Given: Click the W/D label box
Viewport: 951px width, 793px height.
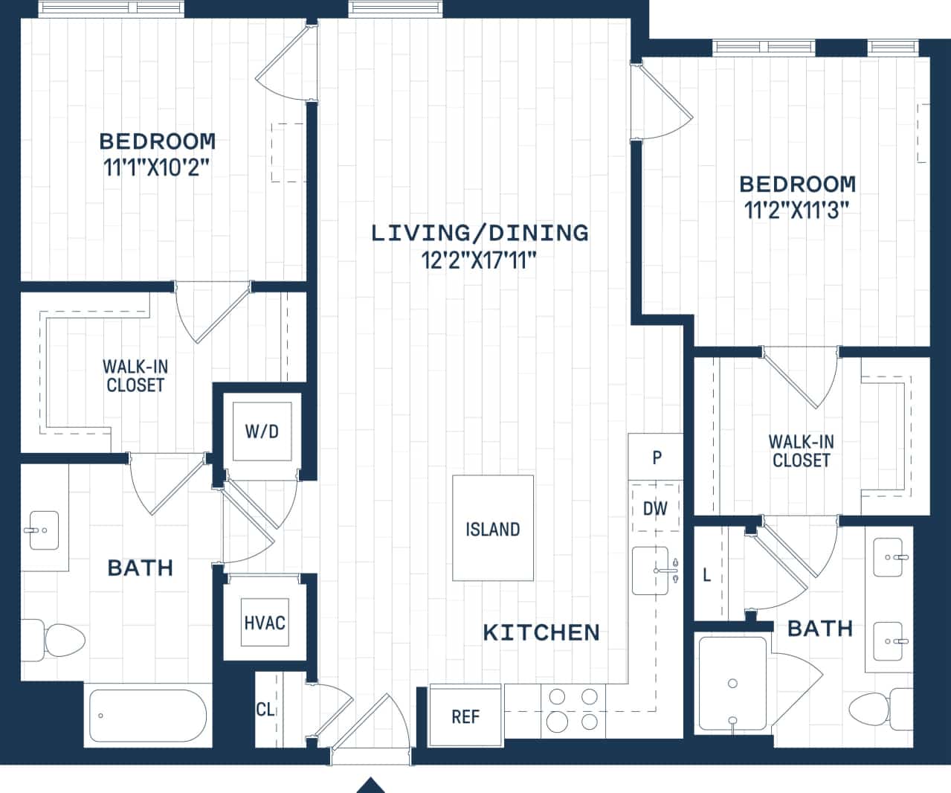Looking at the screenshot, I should (262, 431).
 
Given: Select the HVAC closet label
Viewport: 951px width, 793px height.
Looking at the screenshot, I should (264, 622).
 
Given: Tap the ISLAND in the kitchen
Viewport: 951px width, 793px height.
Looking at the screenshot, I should (492, 529).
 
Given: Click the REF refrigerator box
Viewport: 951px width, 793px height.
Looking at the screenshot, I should (465, 716).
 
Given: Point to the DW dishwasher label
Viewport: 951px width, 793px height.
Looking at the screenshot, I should (655, 508).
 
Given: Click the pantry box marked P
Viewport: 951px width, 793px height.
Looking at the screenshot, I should (656, 457).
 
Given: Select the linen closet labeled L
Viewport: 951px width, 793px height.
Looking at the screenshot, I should (707, 574).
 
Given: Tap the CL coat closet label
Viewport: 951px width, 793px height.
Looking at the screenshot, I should (265, 709).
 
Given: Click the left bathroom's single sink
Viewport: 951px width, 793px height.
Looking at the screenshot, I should (44, 530).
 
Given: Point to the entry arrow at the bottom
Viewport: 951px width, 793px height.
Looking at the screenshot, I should (370, 785).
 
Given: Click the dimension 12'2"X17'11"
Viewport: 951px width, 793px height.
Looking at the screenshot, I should (479, 260).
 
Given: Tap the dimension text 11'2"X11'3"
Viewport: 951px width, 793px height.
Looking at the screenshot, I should (797, 211).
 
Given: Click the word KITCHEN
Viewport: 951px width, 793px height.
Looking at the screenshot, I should (541, 632).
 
